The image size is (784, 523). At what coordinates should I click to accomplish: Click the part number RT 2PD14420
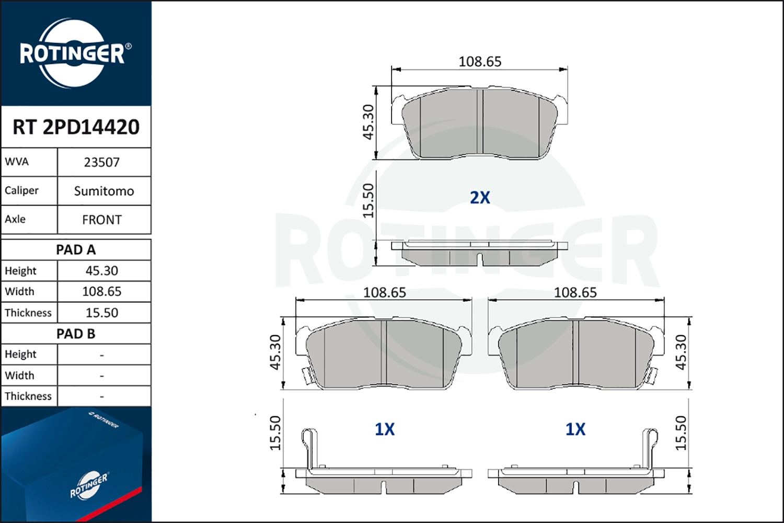76,127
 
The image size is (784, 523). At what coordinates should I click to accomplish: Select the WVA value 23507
102,162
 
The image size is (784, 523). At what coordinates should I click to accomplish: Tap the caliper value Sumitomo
104,191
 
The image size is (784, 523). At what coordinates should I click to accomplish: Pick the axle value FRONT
102,220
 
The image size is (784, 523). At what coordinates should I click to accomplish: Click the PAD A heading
76,250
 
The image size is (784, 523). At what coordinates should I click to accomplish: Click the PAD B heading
76,334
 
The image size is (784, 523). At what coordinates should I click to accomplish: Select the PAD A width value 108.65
102,291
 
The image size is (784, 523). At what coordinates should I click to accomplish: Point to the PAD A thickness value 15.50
102,312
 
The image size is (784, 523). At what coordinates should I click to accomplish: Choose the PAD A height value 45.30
102,270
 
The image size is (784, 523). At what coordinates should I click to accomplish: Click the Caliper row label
21,190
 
